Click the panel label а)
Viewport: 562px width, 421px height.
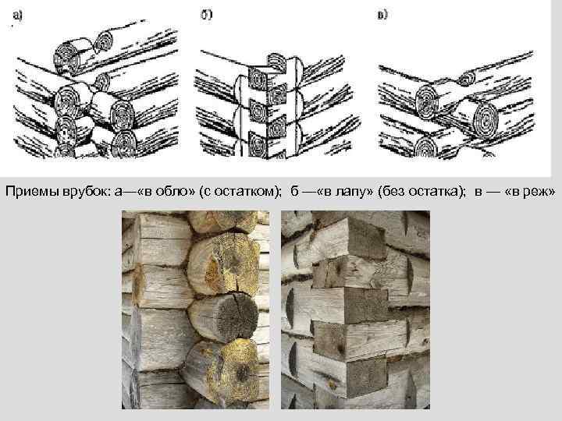(17, 16)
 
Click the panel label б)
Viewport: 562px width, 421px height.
(206, 15)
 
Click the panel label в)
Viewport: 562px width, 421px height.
(382, 15)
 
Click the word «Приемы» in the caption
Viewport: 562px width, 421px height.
(32, 192)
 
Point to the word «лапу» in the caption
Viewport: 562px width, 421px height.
(350, 193)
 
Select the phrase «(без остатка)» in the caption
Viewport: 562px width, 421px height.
(418, 192)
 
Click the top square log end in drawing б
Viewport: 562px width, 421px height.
(258, 78)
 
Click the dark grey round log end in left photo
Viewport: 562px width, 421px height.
(237, 317)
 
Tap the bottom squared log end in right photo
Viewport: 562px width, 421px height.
(367, 378)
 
